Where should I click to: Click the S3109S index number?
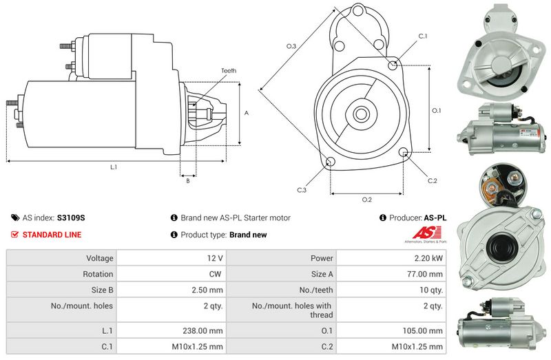(71, 218)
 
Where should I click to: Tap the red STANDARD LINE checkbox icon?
(14, 235)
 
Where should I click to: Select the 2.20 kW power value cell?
(391, 258)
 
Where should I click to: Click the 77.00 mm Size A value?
(425, 274)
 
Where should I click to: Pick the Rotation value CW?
(215, 274)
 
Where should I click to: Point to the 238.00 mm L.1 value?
(202, 330)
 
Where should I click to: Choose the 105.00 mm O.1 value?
(423, 330)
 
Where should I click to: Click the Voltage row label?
(100, 259)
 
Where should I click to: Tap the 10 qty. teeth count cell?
(391, 290)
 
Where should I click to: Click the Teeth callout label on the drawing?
(229, 71)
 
